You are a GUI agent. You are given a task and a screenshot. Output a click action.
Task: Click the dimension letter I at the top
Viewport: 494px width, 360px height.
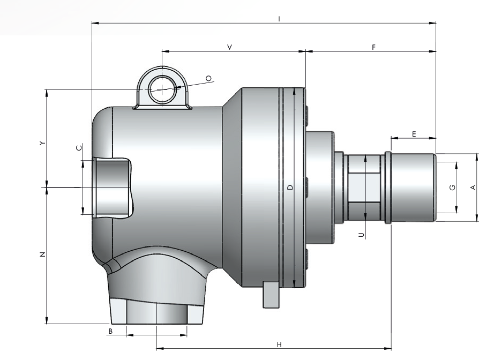point(279,19)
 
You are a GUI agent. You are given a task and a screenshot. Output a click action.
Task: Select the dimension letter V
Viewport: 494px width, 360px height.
point(230,47)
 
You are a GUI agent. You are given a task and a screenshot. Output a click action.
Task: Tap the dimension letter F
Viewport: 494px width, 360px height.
point(373,47)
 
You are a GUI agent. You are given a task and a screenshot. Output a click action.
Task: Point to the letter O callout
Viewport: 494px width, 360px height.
point(208,78)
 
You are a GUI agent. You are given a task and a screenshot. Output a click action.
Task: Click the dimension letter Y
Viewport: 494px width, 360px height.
point(42,144)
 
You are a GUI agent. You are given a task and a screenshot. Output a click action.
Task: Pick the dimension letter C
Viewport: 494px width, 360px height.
point(79,147)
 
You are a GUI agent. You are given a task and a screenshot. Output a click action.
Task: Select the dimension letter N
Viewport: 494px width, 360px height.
point(42,254)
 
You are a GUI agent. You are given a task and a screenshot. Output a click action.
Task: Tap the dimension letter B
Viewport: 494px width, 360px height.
point(110,331)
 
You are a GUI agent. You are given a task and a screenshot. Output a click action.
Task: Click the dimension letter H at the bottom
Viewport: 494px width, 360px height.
point(279,344)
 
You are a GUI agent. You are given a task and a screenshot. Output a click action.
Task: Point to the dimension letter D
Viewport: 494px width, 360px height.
point(290,187)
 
